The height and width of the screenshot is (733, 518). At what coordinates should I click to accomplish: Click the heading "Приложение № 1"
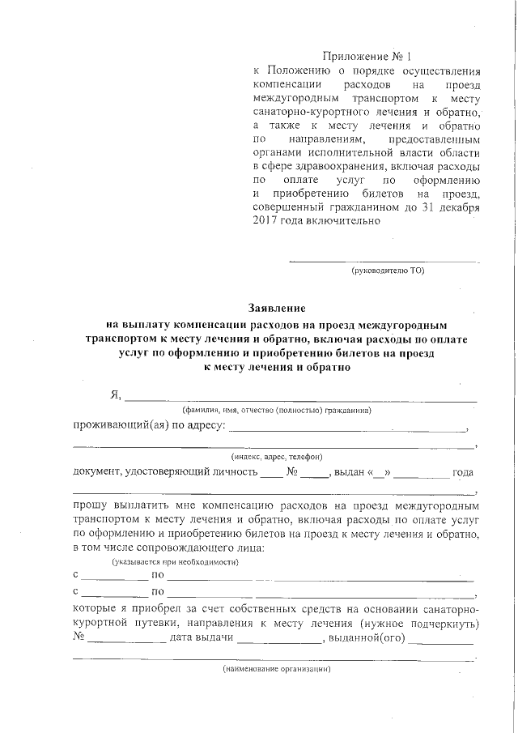pyautogui.click(x=367, y=57)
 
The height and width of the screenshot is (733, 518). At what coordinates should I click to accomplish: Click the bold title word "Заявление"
pyautogui.click(x=276, y=309)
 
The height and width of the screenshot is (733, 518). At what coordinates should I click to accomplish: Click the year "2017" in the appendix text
pyautogui.click(x=265, y=220)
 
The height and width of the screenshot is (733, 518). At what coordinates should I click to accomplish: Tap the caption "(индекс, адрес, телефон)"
pyautogui.click(x=277, y=457)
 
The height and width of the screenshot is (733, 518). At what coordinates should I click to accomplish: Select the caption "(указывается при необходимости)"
pyautogui.click(x=174, y=561)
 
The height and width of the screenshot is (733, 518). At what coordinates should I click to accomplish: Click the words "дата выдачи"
pyautogui.click(x=202, y=637)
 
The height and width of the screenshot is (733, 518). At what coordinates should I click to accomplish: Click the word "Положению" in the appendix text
pyautogui.click(x=296, y=70)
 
